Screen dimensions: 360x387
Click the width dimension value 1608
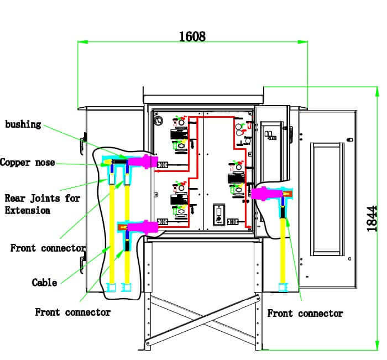pyautogui.click(x=192, y=36)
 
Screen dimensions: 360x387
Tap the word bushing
pyautogui.click(x=23, y=124)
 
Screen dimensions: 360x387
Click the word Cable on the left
pyautogui.click(x=44, y=283)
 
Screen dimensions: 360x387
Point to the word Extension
pyautogui.click(x=28, y=210)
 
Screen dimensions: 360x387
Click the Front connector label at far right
pyautogui.click(x=305, y=314)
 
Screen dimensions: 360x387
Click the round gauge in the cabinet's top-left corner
pyautogui.click(x=160, y=119)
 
